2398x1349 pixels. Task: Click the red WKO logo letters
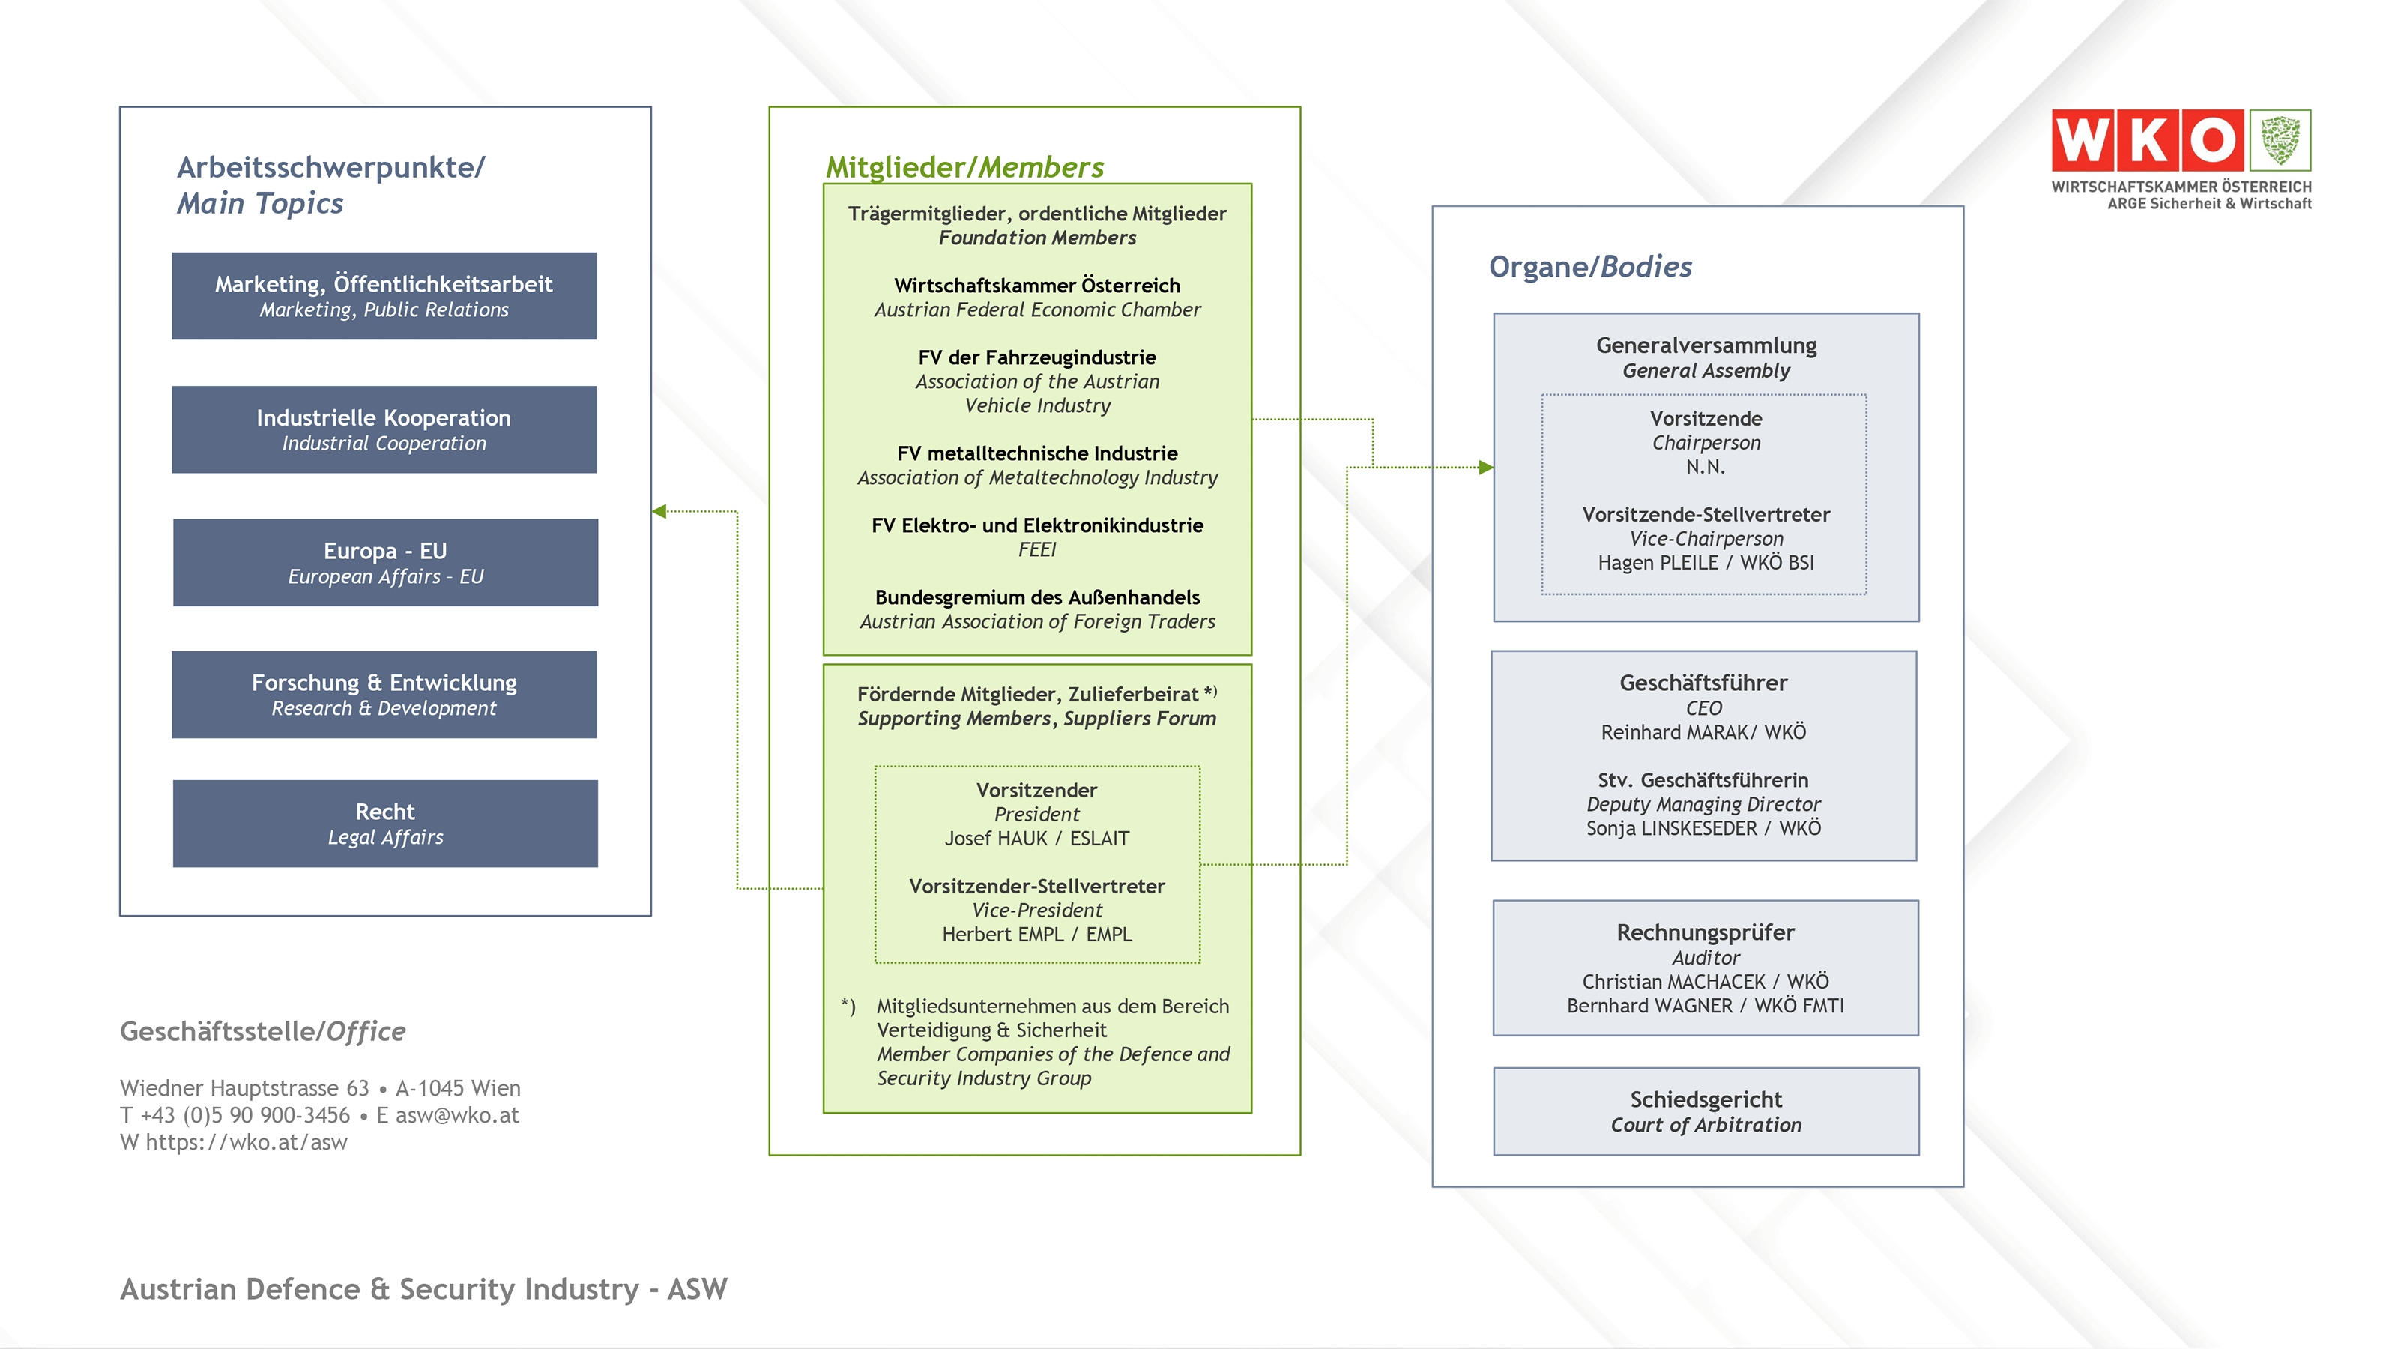pos(2148,141)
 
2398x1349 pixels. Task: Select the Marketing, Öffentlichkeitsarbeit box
pos(384,295)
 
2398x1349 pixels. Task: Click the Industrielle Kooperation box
pos(384,429)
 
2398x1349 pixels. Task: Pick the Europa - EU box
pos(384,562)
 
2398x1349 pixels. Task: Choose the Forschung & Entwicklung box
pos(384,695)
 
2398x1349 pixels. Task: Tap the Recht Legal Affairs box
pos(384,823)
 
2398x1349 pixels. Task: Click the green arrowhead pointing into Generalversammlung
pos(1486,468)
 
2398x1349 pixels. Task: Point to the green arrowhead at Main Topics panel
pos(659,511)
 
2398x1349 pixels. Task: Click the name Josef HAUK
pos(995,838)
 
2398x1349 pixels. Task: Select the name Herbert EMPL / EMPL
pos(1036,934)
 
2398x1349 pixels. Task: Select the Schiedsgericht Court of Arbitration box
pos(1706,1111)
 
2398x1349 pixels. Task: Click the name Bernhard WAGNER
pos(1649,1006)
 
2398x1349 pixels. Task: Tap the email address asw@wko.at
pos(456,1114)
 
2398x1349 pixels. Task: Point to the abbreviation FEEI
pos(1036,549)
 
